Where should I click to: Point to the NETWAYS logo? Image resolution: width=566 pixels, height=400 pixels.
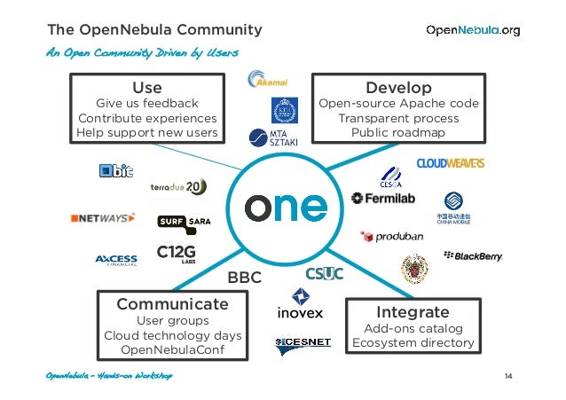tap(103, 217)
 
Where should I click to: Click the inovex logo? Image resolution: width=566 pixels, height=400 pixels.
tap(300, 303)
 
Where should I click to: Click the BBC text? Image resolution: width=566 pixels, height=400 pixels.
tap(245, 278)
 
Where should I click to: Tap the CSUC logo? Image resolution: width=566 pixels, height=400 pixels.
tap(324, 273)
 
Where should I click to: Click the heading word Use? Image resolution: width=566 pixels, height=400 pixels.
tap(147, 88)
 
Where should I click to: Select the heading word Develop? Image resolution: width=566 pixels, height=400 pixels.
tap(398, 88)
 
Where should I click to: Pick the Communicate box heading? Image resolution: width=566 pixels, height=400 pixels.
tap(172, 304)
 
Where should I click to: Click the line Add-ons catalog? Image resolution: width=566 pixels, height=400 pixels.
tap(413, 328)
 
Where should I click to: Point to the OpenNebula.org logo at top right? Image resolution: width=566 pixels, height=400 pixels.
tap(473, 30)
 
